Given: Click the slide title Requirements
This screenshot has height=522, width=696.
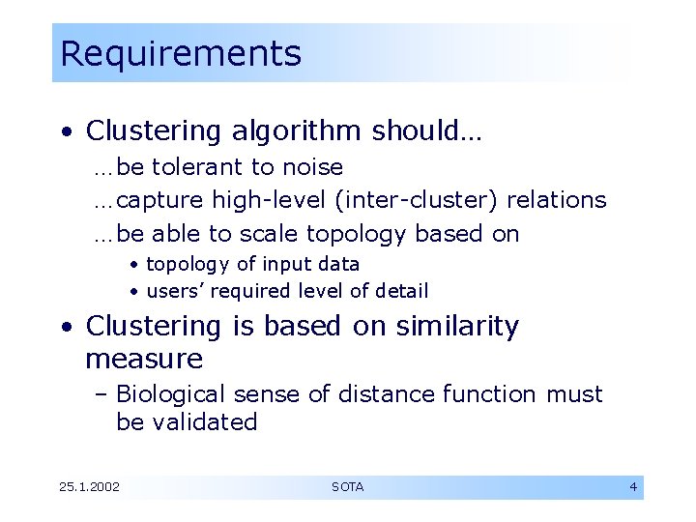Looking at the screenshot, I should tap(180, 53).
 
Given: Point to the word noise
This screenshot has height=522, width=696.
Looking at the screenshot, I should tap(311, 167).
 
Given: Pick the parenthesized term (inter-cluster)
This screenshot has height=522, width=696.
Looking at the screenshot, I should tap(418, 200).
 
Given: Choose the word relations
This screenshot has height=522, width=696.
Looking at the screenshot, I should tap(557, 200).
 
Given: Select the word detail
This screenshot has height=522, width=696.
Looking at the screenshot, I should tap(400, 291).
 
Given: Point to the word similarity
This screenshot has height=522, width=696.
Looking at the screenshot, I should tap(456, 327).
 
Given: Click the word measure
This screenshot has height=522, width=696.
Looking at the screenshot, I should tap(144, 360).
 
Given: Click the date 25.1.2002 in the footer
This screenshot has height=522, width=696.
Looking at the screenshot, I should tap(89, 487).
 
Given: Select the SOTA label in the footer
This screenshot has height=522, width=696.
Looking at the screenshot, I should tap(347, 487).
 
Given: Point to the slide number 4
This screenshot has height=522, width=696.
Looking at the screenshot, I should tap(633, 487).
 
